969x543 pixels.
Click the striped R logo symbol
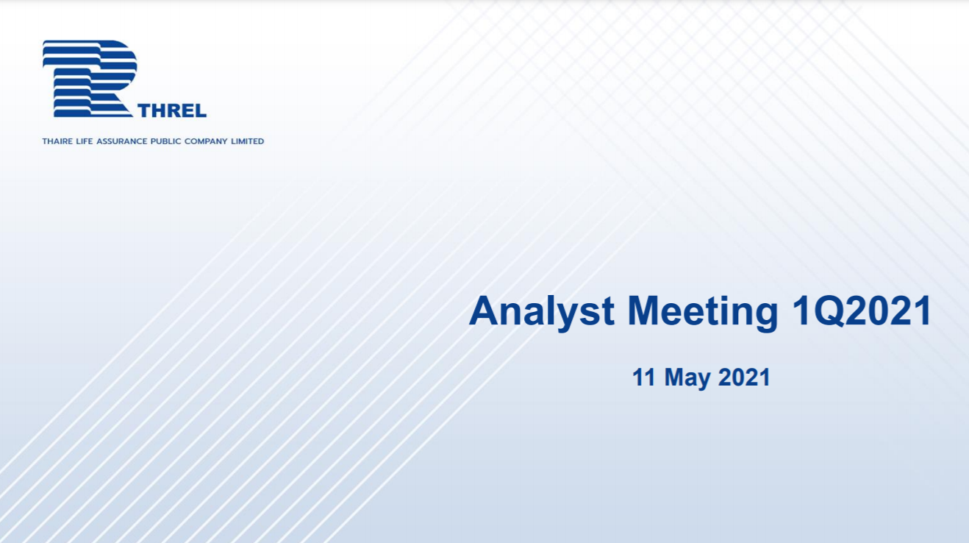coord(90,79)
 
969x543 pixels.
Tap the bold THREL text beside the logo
coord(172,111)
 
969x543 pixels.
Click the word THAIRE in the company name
coord(57,141)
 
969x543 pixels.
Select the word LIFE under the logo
coord(85,141)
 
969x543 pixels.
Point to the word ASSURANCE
coord(121,141)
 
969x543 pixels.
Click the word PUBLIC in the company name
coord(165,141)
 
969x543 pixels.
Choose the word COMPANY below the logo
coord(206,141)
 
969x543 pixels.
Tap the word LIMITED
coord(248,141)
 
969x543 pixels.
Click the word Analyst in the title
coord(542,313)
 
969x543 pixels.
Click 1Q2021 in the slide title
coord(862,311)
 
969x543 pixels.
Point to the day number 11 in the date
coord(644,377)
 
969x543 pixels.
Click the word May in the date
coord(687,379)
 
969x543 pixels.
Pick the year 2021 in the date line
coord(745,377)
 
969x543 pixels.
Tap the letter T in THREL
coord(146,111)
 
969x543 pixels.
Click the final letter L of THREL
coord(201,111)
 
